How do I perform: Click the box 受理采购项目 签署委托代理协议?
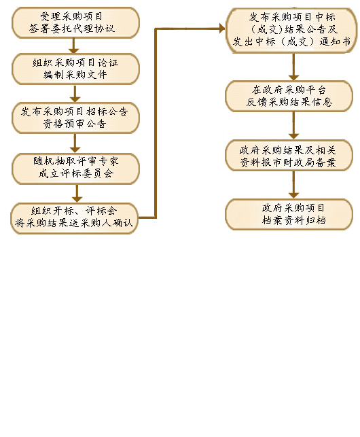[75, 22]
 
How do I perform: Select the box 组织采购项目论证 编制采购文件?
[75, 69]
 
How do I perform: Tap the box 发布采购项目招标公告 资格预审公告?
[75, 118]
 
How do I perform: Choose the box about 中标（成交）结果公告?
[291, 30]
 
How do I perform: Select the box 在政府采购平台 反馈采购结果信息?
[289, 96]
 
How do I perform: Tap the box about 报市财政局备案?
[289, 155]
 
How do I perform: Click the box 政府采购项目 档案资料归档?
[289, 214]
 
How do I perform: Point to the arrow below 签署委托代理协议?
[73, 46]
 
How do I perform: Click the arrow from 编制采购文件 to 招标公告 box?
[75, 93]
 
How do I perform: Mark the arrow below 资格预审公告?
[75, 143]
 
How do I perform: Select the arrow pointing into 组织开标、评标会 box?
[77, 194]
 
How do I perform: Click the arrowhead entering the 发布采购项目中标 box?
[222, 28]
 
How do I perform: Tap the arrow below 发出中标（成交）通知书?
[293, 67]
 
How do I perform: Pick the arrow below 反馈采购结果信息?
[293, 126]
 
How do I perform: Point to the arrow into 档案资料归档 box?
[293, 185]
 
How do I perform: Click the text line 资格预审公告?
[75, 124]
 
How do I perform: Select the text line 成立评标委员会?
[76, 173]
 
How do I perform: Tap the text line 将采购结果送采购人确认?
[74, 223]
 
